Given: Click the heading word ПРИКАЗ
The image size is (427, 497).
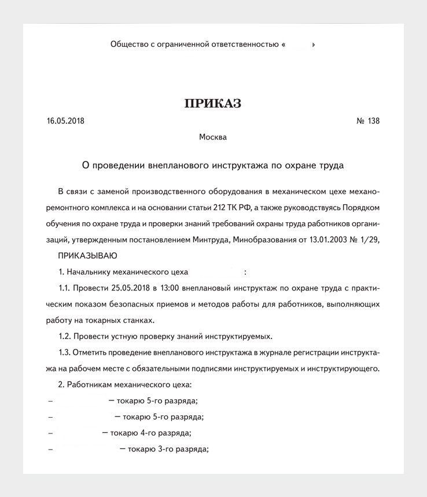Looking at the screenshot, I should coord(213,104).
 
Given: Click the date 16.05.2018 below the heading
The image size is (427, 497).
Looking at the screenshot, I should coord(65,122).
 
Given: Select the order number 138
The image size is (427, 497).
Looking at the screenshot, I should coord(374,122).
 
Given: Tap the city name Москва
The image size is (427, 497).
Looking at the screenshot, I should coord(213,137).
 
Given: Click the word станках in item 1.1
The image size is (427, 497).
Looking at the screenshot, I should coord(139,320).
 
